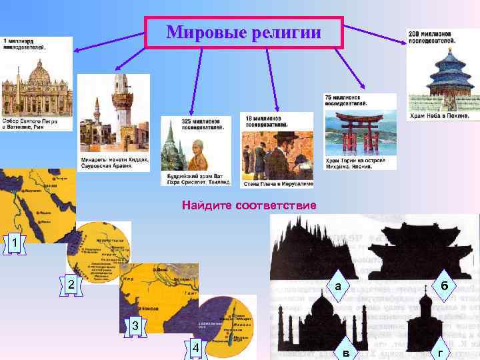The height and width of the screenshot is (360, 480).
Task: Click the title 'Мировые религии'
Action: click(243, 32)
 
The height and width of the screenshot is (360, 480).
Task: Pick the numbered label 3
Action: click(135, 326)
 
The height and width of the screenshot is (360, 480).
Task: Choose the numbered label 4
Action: click(195, 349)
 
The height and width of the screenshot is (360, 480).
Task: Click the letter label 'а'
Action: click(338, 286)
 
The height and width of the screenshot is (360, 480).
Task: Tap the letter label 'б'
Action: click(443, 285)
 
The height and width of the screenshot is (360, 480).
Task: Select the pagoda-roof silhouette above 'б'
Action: click(417, 250)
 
